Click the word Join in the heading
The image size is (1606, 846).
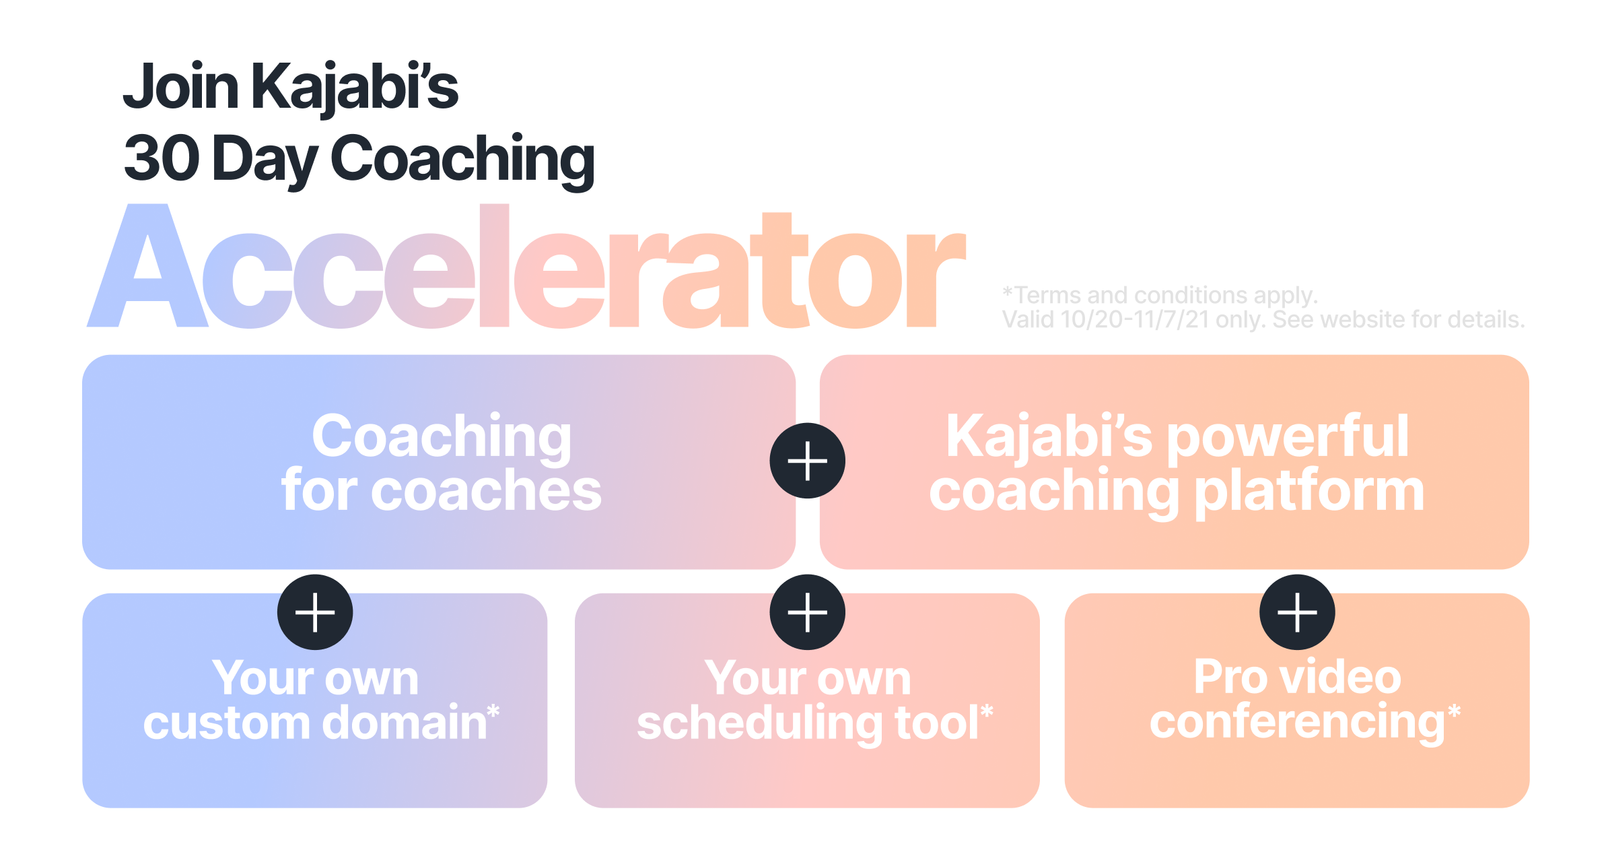tap(181, 86)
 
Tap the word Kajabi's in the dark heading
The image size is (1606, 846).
tap(355, 87)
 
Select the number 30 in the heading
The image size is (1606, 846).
tap(162, 158)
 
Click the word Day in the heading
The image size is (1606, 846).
tap(265, 162)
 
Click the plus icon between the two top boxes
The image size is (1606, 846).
tap(807, 461)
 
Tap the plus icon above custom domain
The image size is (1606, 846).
tap(315, 612)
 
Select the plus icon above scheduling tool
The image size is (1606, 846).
tap(807, 612)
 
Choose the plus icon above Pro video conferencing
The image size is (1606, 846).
tap(1297, 612)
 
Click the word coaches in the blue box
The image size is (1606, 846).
tap(486, 490)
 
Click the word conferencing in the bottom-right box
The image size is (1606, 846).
tap(1297, 724)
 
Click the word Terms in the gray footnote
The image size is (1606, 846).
tap(1048, 295)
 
